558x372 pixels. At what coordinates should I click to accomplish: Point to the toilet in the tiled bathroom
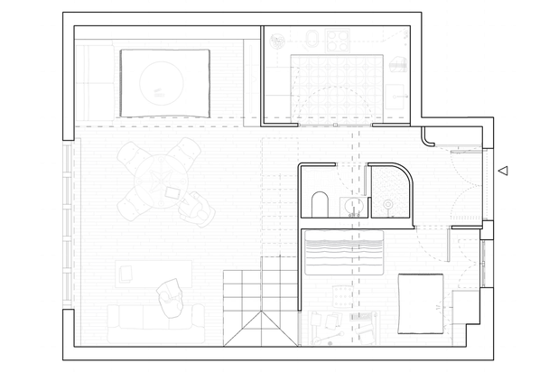(320, 204)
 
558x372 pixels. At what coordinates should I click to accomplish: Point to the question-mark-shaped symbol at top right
(405, 38)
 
